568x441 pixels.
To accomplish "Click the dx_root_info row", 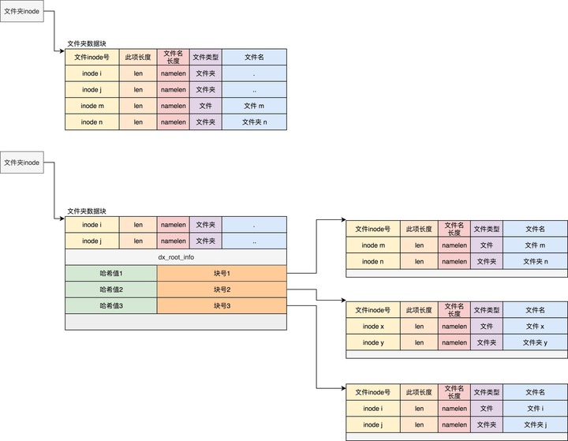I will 175,257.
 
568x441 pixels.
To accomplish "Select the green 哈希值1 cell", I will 110,273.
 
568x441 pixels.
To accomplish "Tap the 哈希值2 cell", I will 110,290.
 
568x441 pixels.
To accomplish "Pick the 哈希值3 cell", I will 110,305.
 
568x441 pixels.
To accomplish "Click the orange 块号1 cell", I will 222,273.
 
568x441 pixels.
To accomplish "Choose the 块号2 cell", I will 222,290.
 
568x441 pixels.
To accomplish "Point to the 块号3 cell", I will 222,305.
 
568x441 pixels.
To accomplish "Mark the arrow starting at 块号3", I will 316,347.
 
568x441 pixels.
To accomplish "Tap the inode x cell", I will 373,327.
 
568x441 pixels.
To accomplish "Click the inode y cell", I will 373,342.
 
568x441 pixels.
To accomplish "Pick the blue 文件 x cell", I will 535,327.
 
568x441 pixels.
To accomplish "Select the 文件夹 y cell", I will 535,342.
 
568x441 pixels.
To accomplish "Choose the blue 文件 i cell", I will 535,409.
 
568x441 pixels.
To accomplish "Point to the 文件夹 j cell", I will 535,424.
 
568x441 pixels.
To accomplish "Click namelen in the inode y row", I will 454,342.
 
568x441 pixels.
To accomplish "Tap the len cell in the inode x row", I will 419,327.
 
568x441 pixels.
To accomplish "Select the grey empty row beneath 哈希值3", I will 175,322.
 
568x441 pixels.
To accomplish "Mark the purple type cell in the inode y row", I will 486,342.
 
